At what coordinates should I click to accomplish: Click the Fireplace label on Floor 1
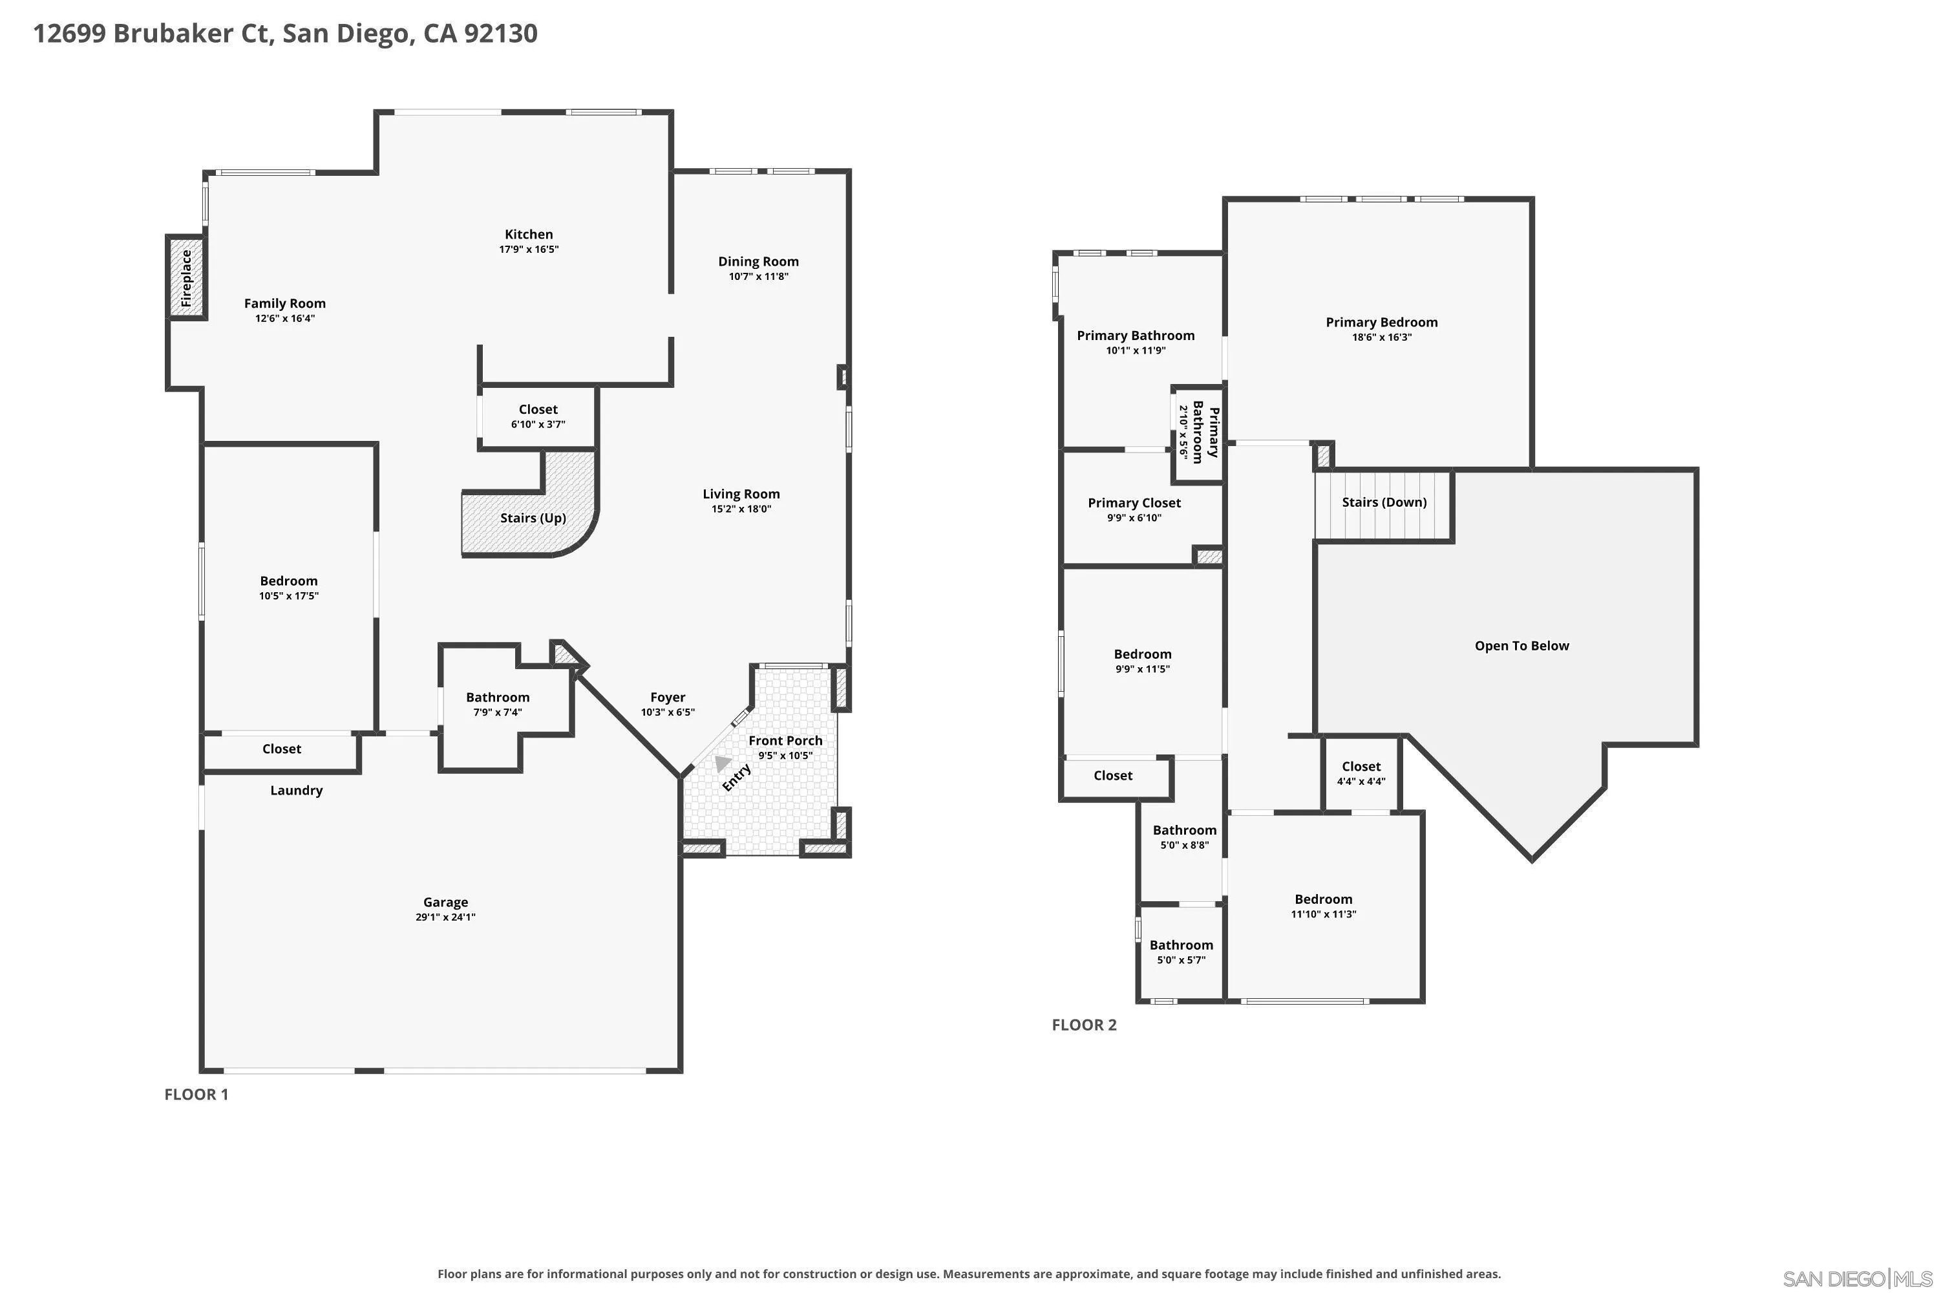[x=186, y=279]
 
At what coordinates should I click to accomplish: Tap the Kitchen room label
[x=529, y=234]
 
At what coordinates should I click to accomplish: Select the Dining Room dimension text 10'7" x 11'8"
[x=758, y=276]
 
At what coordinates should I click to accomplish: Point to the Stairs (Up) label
[x=533, y=518]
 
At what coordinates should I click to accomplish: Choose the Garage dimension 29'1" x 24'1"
[x=446, y=917]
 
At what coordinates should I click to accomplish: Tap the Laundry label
[x=297, y=791]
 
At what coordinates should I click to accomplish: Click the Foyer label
[x=668, y=698]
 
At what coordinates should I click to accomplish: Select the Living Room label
[x=741, y=494]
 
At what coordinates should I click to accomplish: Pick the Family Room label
[x=285, y=303]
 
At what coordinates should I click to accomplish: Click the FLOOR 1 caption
[x=196, y=1095]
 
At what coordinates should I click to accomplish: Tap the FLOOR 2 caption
[x=1084, y=1025]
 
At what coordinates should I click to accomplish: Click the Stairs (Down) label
[x=1384, y=502]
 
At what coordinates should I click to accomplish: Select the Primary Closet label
[x=1134, y=503]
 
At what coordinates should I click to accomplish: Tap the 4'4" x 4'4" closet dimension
[x=1361, y=782]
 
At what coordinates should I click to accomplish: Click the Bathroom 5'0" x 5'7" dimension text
[x=1181, y=960]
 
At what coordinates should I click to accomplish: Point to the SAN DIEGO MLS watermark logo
[x=1858, y=1278]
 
